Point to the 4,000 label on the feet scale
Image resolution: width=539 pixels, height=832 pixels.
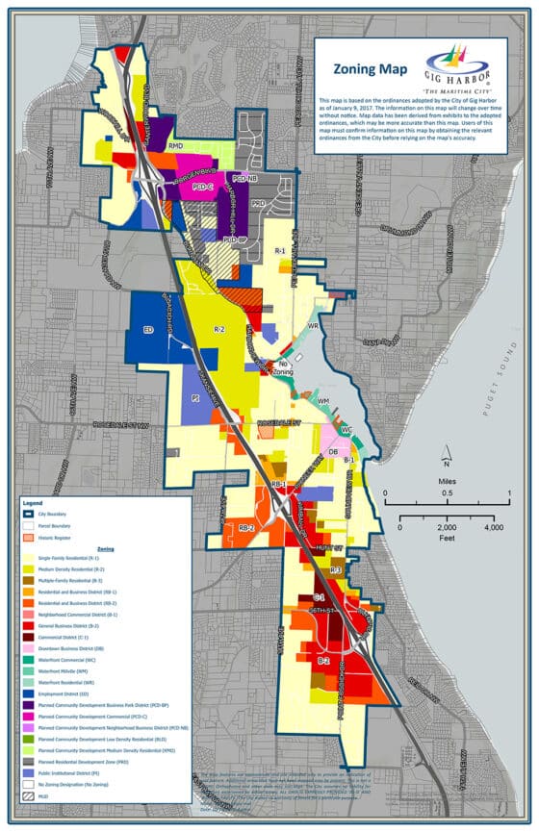(x=493, y=528)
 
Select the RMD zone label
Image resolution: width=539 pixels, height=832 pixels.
(x=176, y=146)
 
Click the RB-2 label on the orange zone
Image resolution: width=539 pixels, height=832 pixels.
(x=244, y=528)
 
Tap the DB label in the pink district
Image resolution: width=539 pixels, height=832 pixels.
(x=332, y=451)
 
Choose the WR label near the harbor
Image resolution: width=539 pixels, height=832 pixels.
(x=313, y=327)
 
